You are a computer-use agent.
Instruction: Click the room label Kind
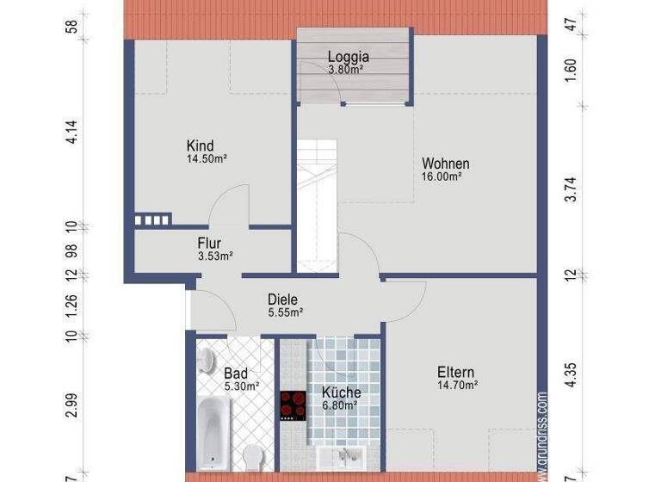(200, 145)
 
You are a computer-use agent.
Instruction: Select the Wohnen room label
(445, 164)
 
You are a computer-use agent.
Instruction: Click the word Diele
(282, 300)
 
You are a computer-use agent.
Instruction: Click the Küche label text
(342, 392)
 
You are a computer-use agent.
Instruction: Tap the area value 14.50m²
(207, 159)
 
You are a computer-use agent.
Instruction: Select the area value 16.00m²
(442, 176)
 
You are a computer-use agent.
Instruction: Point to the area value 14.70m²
(457, 386)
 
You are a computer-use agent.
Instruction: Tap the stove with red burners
(293, 405)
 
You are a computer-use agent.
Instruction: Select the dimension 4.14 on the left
(72, 131)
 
